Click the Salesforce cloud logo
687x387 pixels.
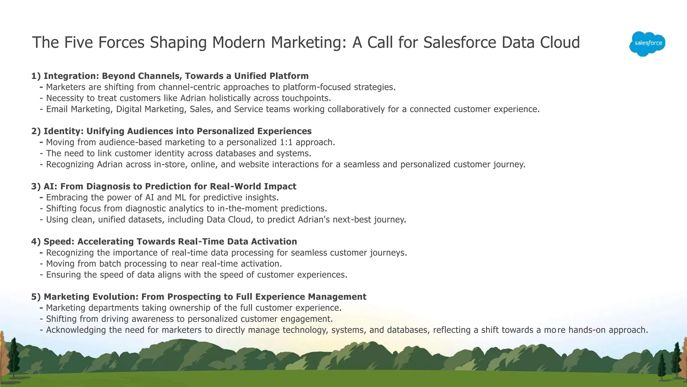(647, 43)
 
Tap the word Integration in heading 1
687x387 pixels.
(71, 76)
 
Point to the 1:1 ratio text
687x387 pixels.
(286, 142)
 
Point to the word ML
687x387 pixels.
(180, 198)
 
